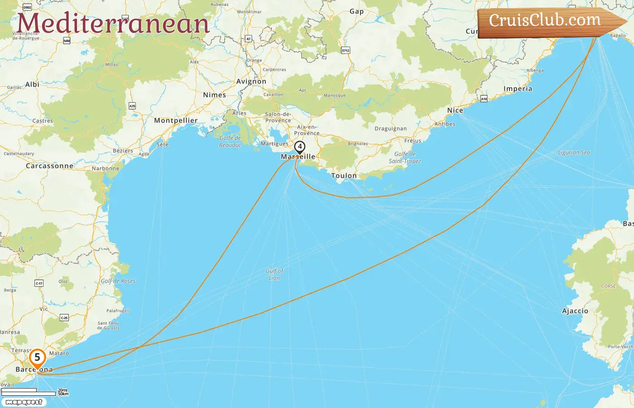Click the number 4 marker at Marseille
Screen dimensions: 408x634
tap(299, 147)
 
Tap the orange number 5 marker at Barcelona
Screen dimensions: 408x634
tap(37, 358)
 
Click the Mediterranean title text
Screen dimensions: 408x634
tap(113, 24)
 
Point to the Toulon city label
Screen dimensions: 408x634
tap(344, 175)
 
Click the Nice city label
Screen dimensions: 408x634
tap(455, 110)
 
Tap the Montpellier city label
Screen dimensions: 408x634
tap(176, 121)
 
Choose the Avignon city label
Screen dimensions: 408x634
tap(251, 82)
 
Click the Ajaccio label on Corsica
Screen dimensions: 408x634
tap(575, 311)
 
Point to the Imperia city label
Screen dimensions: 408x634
tap(518, 89)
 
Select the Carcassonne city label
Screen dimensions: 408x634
tap(49, 166)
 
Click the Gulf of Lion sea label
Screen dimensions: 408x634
tap(274, 274)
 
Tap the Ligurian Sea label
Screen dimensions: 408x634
tap(574, 153)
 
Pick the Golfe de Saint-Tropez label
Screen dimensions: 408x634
tap(404, 157)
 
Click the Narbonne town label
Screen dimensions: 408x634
tap(106, 169)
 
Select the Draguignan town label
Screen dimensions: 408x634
tap(390, 129)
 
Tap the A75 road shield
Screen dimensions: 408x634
tap(132, 106)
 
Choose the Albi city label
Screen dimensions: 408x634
tap(32, 85)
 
